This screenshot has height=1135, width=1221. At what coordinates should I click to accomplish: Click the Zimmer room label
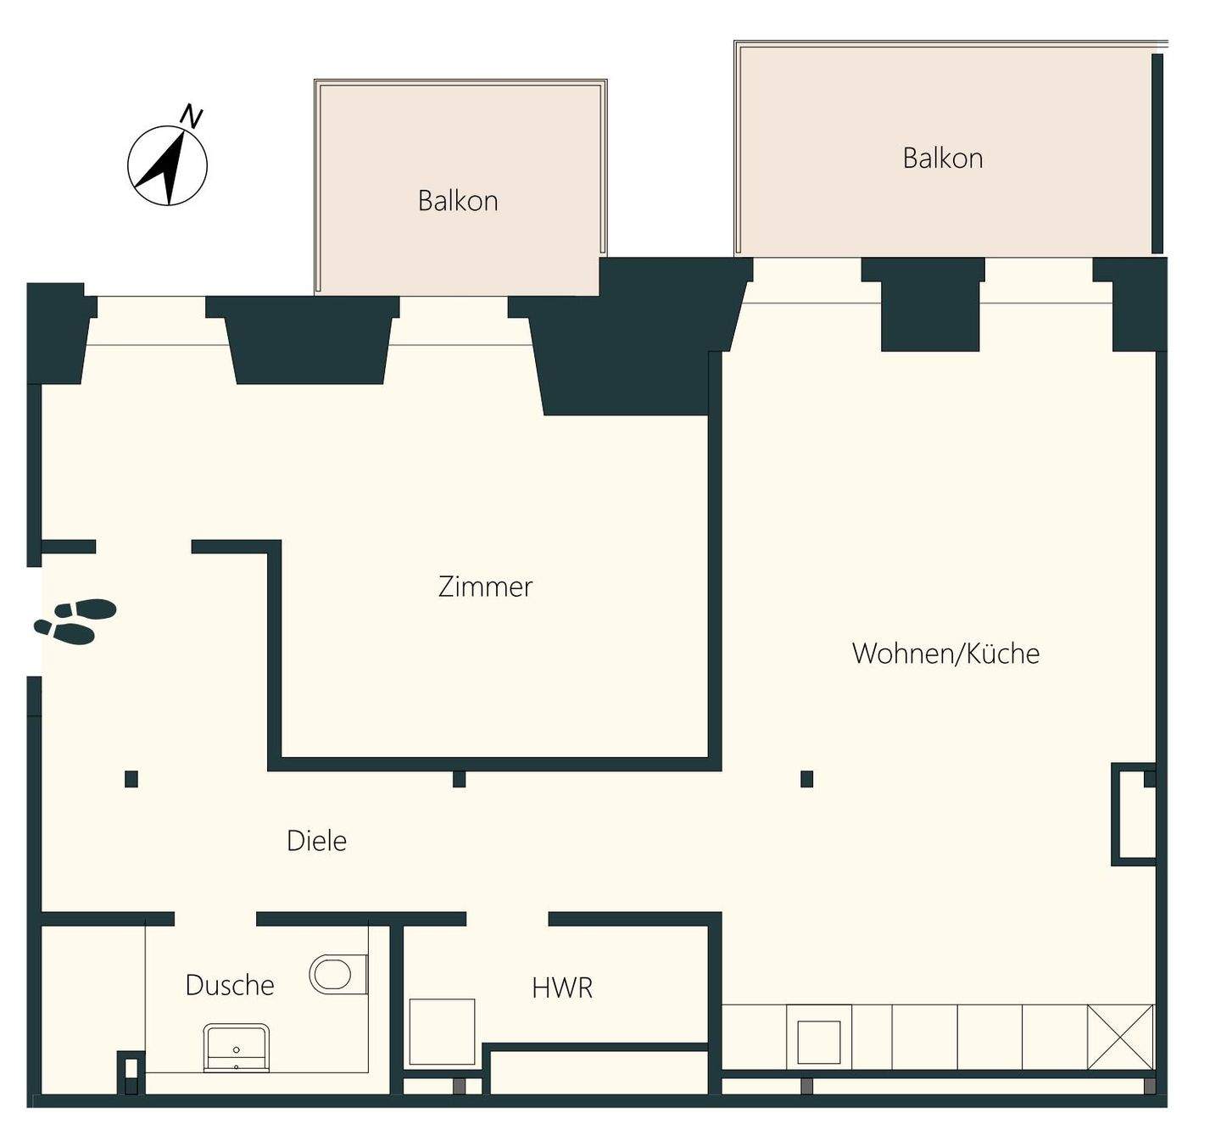click(x=485, y=587)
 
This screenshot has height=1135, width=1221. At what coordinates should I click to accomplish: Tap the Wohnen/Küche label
click(x=945, y=653)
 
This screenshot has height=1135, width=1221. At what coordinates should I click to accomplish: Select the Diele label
click(x=316, y=841)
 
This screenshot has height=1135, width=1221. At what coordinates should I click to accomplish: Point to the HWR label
click(x=562, y=988)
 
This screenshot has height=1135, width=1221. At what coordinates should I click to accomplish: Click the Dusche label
click(x=230, y=985)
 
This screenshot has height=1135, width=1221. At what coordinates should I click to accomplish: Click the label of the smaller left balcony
click(x=458, y=201)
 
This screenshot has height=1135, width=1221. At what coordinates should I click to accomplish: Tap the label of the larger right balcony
click(x=943, y=159)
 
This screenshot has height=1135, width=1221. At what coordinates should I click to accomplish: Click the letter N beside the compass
click(x=192, y=116)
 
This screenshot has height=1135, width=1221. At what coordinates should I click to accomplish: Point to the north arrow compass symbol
click(x=167, y=165)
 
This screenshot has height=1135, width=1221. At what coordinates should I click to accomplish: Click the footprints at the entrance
click(x=75, y=621)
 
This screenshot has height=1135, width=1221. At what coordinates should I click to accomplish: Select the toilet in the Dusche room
click(x=338, y=975)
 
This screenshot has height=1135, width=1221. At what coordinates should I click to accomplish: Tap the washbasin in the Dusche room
click(x=236, y=1048)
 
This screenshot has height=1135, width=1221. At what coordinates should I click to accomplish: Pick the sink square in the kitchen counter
click(x=819, y=1042)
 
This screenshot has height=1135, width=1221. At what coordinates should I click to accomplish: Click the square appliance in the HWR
click(x=442, y=1032)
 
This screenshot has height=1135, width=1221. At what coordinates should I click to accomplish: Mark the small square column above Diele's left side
click(x=131, y=779)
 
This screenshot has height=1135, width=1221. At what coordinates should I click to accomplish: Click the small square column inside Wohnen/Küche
click(x=807, y=779)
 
